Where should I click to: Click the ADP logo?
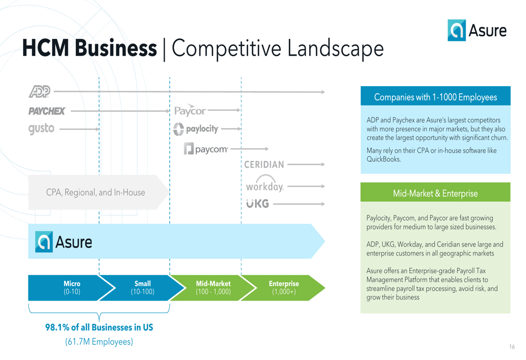coord(39,91)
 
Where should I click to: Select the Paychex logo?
coord(47,111)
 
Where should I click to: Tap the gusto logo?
coord(41,129)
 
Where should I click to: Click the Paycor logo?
coord(190,110)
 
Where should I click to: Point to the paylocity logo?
coord(196,129)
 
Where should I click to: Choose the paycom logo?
coord(206,149)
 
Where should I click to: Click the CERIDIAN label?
coord(264,164)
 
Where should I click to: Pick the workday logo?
coord(265,184)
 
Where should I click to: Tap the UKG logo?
coord(258,203)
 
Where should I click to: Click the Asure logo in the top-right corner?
coord(477,30)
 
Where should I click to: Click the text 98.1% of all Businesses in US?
coord(99,327)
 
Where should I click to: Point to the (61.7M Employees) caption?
coord(99,342)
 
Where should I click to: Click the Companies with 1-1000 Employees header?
coord(436,96)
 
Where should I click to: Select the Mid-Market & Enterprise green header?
coord(436,192)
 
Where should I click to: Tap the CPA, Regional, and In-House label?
coord(96,192)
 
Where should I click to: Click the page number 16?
coord(512,346)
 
